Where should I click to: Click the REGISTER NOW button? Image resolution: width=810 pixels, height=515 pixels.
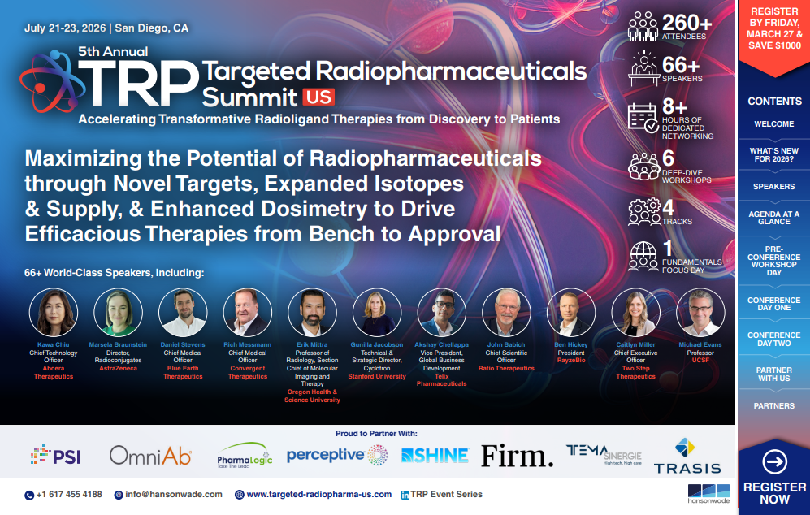pyautogui.click(x=774, y=479)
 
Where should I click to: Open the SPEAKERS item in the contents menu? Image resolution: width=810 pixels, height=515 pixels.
pyautogui.click(x=774, y=186)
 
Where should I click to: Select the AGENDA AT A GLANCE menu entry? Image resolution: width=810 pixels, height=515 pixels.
pyautogui.click(x=774, y=217)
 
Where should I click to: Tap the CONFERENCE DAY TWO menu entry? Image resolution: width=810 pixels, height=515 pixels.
pyautogui.click(x=774, y=340)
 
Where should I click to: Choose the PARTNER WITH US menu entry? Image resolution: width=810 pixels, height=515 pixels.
pyautogui.click(x=774, y=374)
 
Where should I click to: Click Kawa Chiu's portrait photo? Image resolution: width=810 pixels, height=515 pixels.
pyautogui.click(x=54, y=313)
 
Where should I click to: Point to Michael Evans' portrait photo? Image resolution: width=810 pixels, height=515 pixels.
pyautogui.click(x=700, y=313)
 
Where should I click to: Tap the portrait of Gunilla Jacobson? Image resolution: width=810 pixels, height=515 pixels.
pyautogui.click(x=377, y=313)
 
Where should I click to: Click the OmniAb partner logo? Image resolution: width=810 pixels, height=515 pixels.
pyautogui.click(x=150, y=457)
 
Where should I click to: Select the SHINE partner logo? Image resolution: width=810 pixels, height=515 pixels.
pyautogui.click(x=435, y=456)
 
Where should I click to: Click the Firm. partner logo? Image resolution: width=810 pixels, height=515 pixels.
pyautogui.click(x=517, y=456)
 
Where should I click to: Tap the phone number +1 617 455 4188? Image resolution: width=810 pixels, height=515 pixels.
pyautogui.click(x=68, y=494)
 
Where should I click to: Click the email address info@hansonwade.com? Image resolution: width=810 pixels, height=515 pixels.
pyautogui.click(x=174, y=494)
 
